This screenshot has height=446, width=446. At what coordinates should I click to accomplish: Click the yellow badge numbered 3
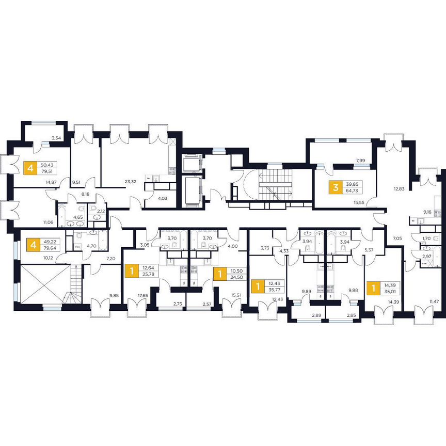[336, 186]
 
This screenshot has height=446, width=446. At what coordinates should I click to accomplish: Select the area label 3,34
[57, 138]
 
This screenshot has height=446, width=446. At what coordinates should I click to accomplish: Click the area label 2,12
[101, 211]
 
